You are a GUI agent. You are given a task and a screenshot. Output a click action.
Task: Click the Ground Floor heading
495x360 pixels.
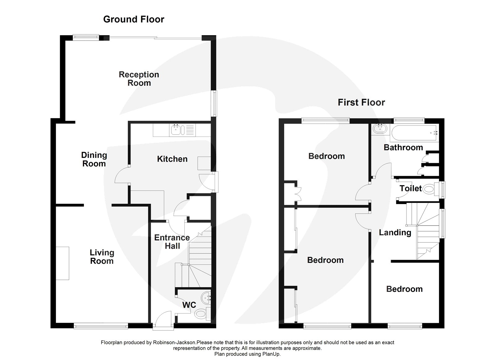tap(134, 19)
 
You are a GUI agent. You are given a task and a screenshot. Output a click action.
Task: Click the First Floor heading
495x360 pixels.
tap(361, 102)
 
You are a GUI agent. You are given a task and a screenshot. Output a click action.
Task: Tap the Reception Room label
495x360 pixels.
tap(139, 79)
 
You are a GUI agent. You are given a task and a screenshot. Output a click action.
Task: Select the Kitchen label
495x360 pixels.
tap(172, 159)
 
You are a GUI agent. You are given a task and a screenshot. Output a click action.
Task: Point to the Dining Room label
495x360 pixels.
tap(94, 159)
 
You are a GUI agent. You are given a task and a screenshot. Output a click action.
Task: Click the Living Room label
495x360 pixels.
tap(102, 257)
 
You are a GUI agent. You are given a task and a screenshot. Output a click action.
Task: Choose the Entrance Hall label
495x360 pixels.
tap(172, 242)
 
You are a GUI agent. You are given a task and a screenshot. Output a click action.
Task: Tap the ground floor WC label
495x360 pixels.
tap(189, 305)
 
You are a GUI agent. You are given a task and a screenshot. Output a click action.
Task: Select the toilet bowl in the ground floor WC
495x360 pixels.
tap(202, 314)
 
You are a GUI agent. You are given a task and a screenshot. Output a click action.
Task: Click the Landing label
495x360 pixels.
tap(395, 232)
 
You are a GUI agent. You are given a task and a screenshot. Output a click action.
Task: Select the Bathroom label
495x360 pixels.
tap(403, 147)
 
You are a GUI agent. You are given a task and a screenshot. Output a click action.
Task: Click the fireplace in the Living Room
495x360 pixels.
tap(62, 263)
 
